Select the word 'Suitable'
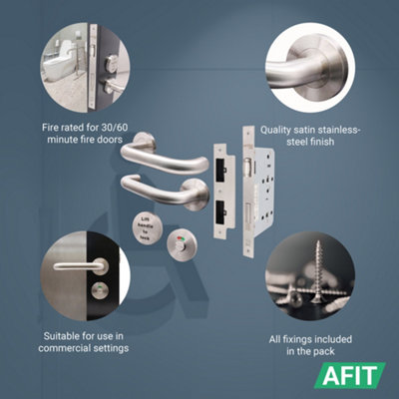[x=57, y=334]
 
